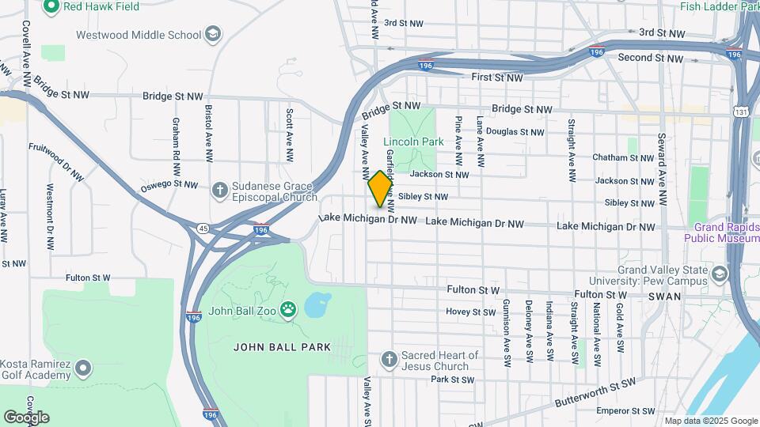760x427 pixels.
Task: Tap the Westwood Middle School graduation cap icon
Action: [212, 34]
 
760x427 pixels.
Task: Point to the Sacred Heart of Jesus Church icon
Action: [389, 360]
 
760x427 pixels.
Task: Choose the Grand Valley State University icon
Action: [720, 274]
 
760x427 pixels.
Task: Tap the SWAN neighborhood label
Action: [663, 296]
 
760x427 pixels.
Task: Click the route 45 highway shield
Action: [203, 229]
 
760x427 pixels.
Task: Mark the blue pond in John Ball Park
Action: [317, 304]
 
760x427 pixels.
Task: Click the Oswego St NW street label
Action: [169, 185]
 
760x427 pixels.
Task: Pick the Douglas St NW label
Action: [515, 132]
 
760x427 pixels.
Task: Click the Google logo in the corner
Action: [26, 417]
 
